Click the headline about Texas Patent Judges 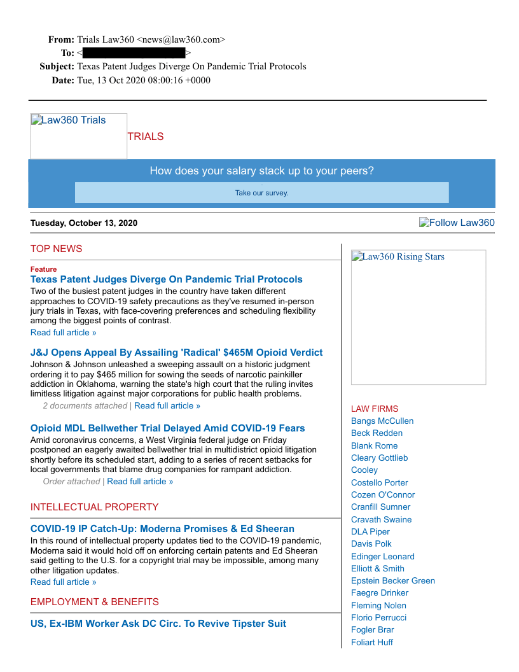tap(166, 279)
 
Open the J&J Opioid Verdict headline tap(176, 353)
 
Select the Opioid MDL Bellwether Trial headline tap(167, 428)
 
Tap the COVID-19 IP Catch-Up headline tap(162, 529)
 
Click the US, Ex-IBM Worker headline tap(158, 624)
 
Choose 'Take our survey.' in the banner tap(261, 193)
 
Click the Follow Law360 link tap(457, 223)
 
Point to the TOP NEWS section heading tap(56, 249)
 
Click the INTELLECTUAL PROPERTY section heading tap(94, 507)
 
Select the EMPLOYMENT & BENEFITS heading tap(94, 602)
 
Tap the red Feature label tap(43, 269)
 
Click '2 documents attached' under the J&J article tap(85, 406)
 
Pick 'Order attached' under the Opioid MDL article tap(71, 482)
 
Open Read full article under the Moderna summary tap(63, 582)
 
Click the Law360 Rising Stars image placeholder tap(418, 317)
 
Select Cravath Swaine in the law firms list tap(381, 519)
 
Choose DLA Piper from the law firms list tap(370, 532)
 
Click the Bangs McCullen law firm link tap(382, 421)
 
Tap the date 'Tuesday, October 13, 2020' tap(83, 223)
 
